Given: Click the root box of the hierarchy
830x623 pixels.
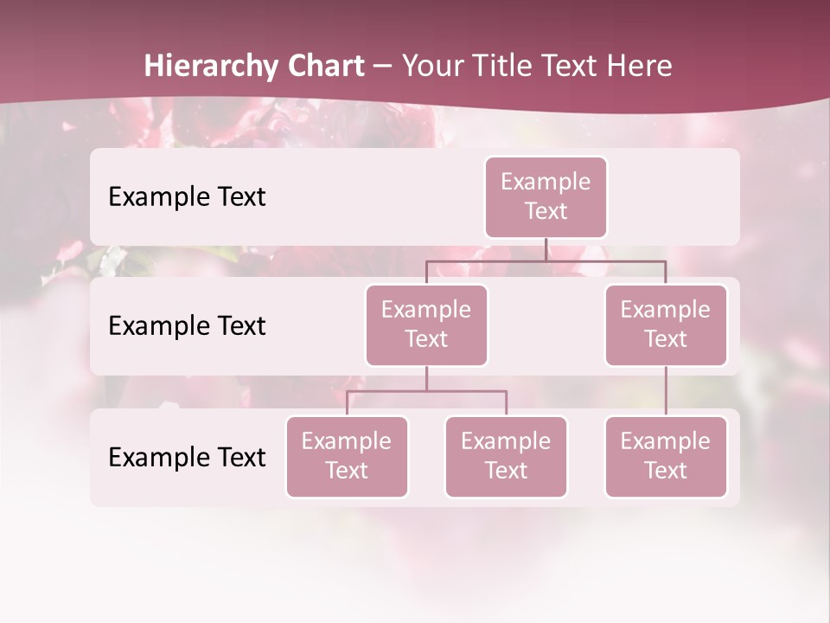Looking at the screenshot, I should coord(546,197).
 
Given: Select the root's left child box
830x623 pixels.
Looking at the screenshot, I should coord(426,324).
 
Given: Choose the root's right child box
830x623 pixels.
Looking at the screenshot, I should coord(666,324).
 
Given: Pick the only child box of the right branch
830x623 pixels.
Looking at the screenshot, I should coord(666,456).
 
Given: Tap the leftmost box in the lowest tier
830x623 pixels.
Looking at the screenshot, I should coord(347,456).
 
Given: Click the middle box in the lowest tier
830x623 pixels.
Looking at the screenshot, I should coord(506,456).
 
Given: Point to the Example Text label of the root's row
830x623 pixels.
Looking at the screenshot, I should coord(187,197).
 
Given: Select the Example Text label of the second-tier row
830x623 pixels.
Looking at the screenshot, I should coord(187,326).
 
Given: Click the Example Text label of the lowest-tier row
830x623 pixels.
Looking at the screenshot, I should coord(187,457).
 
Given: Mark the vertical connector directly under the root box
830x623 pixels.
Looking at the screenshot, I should coord(546,249).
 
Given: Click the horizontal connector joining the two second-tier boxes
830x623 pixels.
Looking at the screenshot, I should coord(546,260).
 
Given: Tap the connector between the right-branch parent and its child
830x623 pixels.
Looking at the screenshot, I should coord(666,391).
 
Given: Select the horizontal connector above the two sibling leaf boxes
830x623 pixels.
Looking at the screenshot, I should coord(426,391).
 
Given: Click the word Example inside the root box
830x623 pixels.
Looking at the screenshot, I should coord(546,183).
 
